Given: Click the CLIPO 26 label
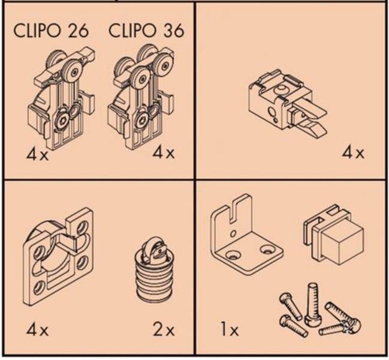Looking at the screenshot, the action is pyautogui.click(x=50, y=31).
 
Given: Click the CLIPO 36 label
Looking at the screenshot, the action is pyautogui.click(x=146, y=31).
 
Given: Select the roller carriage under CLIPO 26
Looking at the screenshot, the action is pyautogui.click(x=61, y=98).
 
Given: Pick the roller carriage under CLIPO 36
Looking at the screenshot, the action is pyautogui.click(x=141, y=97).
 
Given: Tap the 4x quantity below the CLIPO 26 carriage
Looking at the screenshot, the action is pyautogui.click(x=37, y=154).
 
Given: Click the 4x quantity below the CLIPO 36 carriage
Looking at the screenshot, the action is pyautogui.click(x=164, y=152).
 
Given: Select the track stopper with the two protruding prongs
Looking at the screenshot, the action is pyautogui.click(x=287, y=104).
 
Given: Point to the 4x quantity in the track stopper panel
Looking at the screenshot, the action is pyautogui.click(x=353, y=152).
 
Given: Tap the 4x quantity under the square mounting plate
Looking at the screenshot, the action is pyautogui.click(x=37, y=330).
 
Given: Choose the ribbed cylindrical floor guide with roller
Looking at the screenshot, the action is pyautogui.click(x=153, y=271).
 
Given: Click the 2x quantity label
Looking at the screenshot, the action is pyautogui.click(x=164, y=330).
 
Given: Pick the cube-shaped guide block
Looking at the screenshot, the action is pyautogui.click(x=334, y=236).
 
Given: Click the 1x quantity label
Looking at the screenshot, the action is pyautogui.click(x=230, y=330).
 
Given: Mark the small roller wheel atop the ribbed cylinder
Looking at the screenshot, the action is pyautogui.click(x=149, y=251).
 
